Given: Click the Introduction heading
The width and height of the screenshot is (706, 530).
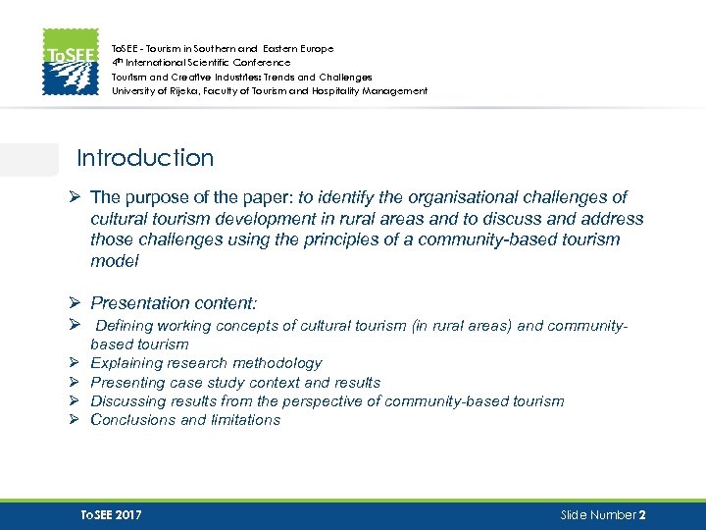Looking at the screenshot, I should (x=145, y=158).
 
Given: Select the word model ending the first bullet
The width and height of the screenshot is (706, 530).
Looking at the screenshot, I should (x=115, y=261).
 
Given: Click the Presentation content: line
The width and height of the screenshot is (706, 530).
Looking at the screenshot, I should (x=179, y=304).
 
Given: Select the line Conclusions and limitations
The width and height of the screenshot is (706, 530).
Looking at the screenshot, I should (x=185, y=420).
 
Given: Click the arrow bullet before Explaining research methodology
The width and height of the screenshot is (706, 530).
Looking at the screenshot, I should (x=74, y=363).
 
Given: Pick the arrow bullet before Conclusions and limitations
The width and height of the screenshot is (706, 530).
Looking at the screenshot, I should (x=74, y=420).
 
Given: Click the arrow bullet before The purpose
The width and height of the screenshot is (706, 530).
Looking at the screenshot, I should (x=74, y=197).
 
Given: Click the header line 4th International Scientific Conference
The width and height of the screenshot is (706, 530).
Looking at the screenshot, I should (x=201, y=62).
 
